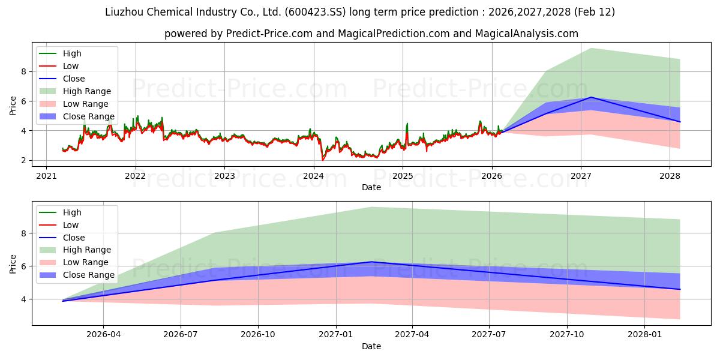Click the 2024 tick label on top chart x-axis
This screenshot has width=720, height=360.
coord(313,176)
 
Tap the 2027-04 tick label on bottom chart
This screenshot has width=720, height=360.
coord(412,335)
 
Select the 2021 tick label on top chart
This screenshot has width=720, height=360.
coord(46,176)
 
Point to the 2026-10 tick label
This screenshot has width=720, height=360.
coord(258,335)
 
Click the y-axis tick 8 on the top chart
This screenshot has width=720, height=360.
coord(24,71)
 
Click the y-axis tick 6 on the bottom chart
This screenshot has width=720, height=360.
coord(24,266)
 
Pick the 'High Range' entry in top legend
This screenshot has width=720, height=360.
coord(87,91)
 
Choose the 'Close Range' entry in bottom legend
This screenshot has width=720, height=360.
coord(89,275)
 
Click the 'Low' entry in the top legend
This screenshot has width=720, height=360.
coord(71,66)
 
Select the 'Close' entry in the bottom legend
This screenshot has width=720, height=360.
coord(74,238)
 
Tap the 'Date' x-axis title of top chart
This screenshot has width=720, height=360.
coord(371,187)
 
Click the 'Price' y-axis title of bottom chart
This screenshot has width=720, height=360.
coord(13,263)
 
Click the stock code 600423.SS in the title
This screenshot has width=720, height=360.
coord(302,12)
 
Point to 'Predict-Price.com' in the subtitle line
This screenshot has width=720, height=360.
coord(269,34)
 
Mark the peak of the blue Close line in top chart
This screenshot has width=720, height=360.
coord(591,97)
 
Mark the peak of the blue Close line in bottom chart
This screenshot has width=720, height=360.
coord(372,262)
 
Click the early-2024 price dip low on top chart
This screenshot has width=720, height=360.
coord(323,160)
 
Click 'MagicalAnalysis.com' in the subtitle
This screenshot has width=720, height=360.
coord(526,34)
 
